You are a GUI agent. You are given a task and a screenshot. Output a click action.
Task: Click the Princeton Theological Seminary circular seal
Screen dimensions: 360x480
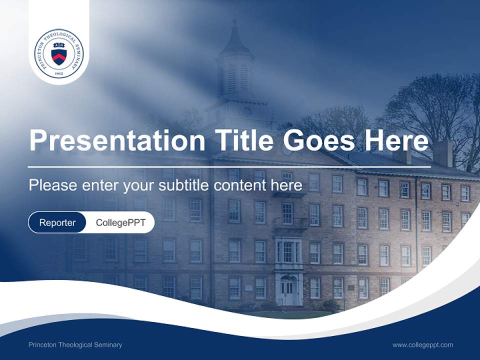pyautogui.click(x=59, y=53)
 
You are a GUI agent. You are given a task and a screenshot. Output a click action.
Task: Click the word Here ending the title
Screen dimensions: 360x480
pyautogui.click(x=396, y=140)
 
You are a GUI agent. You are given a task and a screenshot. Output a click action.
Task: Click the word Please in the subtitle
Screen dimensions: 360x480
pyautogui.click(x=52, y=185)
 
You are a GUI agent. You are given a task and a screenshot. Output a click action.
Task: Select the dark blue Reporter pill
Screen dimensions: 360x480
pyautogui.click(x=57, y=222)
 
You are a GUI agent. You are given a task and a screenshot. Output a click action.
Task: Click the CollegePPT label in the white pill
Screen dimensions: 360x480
pyautogui.click(x=120, y=222)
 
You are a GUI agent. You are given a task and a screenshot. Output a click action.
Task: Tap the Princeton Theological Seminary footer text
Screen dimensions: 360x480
pyautogui.click(x=75, y=345)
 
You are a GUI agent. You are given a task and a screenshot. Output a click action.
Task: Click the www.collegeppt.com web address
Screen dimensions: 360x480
pyautogui.click(x=422, y=345)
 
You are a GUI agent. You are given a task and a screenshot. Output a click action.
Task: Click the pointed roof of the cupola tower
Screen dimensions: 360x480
pyautogui.click(x=234, y=40)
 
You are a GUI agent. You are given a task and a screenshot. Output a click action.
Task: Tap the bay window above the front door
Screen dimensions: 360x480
pyautogui.click(x=288, y=251)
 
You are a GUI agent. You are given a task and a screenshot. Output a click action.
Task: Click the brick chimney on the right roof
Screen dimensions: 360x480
pyautogui.click(x=442, y=152)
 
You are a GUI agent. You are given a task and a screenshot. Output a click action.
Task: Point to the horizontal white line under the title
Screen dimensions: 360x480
pyautogui.click(x=229, y=166)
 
